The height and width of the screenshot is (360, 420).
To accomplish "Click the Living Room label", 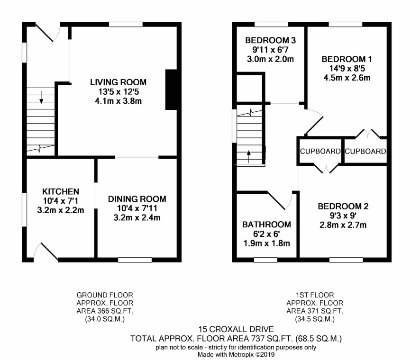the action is pos(118,82).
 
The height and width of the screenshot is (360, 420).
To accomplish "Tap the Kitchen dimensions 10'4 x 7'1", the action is pos(61,201).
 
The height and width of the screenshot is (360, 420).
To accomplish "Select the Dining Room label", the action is pos(137,199).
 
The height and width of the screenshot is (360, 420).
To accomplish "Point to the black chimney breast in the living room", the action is pos(171,90).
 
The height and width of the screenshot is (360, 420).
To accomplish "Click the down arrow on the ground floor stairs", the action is pos(41,97).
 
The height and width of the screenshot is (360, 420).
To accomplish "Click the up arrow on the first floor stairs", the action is pos(249,157).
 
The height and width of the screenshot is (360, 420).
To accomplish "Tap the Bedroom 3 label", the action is pos(271,40).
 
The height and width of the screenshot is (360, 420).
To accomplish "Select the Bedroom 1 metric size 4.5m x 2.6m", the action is pos(347,78).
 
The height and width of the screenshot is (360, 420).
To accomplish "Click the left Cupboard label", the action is pos(320,152).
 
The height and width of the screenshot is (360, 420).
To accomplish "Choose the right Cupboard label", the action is pos(365,152).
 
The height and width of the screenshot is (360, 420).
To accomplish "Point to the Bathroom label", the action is pos(266,225).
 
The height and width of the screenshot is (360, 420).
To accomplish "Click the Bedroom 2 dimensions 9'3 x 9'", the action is pos(343,216).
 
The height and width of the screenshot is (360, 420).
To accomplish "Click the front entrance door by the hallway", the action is pos(48,32).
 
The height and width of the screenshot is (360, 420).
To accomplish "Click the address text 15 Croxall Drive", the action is pos(236,329).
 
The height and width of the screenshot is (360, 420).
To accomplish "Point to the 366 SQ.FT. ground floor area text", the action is pos(105,311).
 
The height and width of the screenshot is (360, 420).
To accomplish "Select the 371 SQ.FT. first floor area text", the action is pos(315,311).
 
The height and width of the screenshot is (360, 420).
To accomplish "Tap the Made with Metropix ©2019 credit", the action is pos(236,355).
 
